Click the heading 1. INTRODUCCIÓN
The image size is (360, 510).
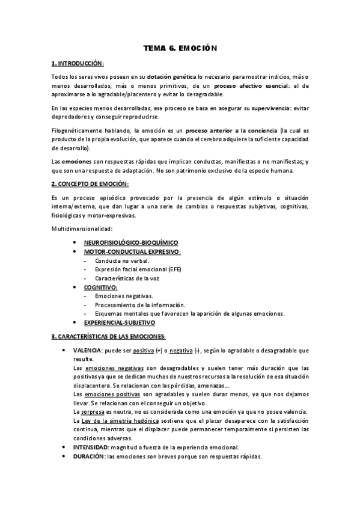coord(78,63)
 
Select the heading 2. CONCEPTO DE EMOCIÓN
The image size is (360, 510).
coord(90,183)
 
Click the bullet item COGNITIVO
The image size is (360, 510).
coord(100,287)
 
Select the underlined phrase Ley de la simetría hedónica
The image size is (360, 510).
coord(118,420)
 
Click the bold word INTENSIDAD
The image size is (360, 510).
coord(89,447)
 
